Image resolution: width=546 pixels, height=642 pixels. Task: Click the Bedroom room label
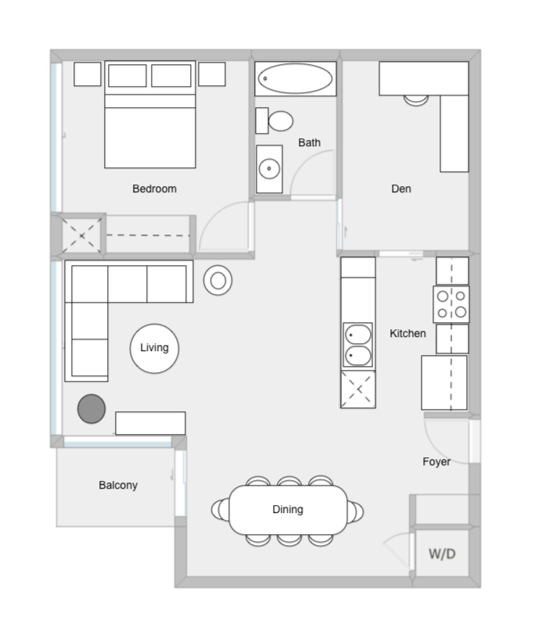pyautogui.click(x=154, y=188)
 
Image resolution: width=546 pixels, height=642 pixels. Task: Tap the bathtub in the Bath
pyautogui.click(x=295, y=78)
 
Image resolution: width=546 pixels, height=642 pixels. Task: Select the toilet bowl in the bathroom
pyautogui.click(x=280, y=120)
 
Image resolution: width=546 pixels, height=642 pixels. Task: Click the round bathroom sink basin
pyautogui.click(x=269, y=169)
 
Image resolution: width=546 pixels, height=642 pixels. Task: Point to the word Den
pyautogui.click(x=401, y=188)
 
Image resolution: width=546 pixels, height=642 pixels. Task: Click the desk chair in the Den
pyautogui.click(x=415, y=100)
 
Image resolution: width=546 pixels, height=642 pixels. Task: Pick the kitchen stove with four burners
pyautogui.click(x=451, y=304)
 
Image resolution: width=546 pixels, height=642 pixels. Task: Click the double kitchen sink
pyautogui.click(x=358, y=345)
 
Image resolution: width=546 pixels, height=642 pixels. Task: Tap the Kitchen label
pyautogui.click(x=408, y=333)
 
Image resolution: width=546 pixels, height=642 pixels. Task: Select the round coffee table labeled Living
pyautogui.click(x=154, y=349)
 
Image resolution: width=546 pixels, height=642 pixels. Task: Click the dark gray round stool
pyautogui.click(x=92, y=409)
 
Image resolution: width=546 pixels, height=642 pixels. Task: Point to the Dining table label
pyautogui.click(x=288, y=509)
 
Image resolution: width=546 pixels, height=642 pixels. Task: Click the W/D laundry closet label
pyautogui.click(x=442, y=554)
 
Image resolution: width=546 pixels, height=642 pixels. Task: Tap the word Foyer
pyautogui.click(x=436, y=462)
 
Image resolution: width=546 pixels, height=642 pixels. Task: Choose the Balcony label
pyautogui.click(x=118, y=485)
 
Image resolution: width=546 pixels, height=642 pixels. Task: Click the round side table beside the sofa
pyautogui.click(x=218, y=281)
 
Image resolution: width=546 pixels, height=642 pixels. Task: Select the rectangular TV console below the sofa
pyautogui.click(x=150, y=423)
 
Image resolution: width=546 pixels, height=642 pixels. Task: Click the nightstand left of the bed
pyautogui.click(x=88, y=74)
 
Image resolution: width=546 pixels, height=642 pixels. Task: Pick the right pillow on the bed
pyautogui.click(x=171, y=76)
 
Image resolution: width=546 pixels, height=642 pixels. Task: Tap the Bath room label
pyautogui.click(x=309, y=142)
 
